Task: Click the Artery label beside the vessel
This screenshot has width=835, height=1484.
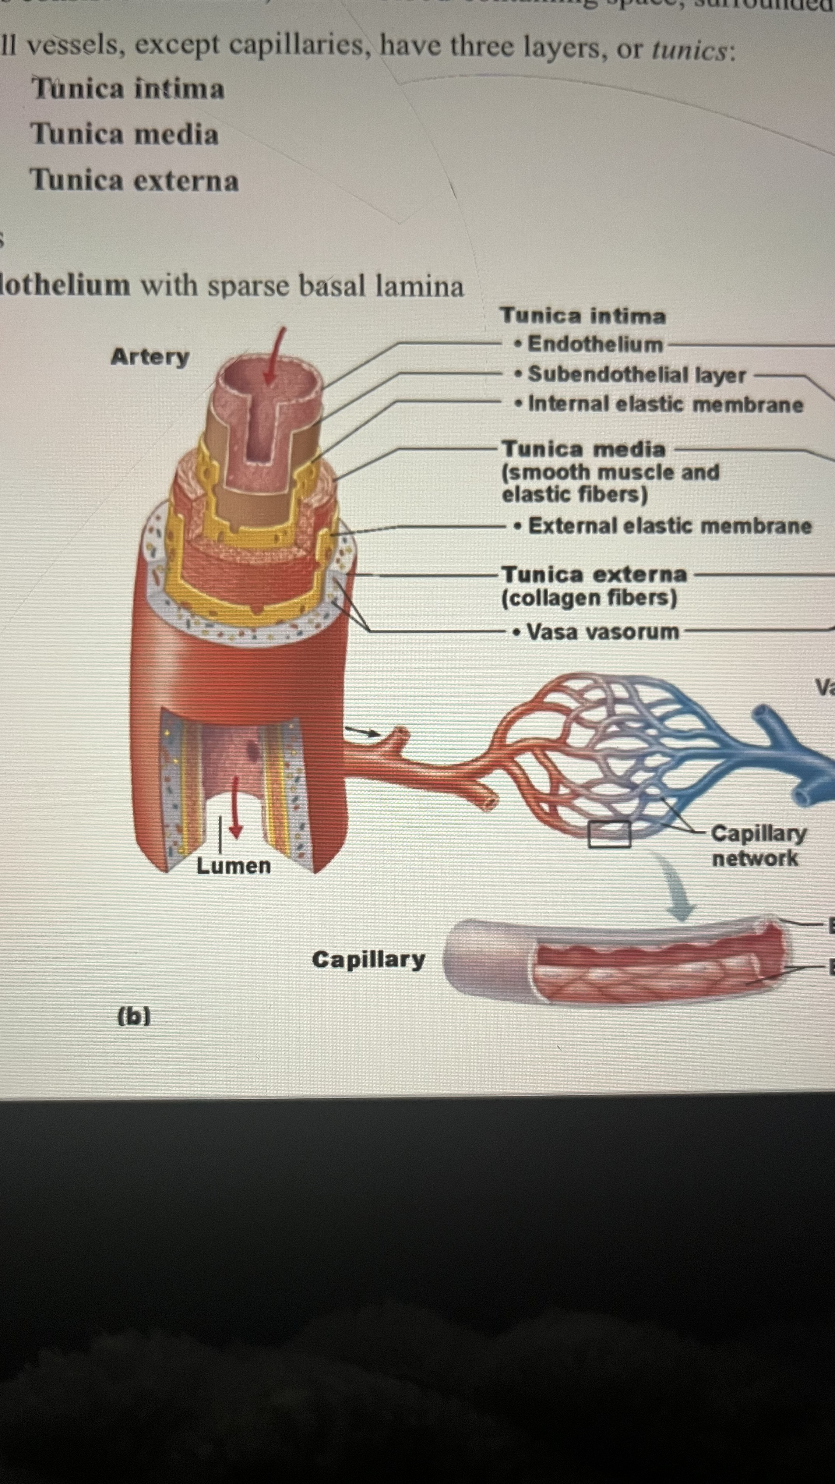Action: tap(150, 357)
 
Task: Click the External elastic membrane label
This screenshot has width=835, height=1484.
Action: tap(670, 526)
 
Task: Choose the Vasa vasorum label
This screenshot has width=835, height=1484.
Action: tap(603, 632)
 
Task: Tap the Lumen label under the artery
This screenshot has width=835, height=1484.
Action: tap(233, 866)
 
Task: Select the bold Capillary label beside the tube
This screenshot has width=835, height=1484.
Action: tap(369, 959)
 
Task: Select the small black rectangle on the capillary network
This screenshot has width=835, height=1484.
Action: tap(609, 834)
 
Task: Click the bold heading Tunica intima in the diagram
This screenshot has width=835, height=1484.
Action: tap(582, 316)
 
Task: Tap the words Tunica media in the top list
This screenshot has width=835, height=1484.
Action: tap(124, 134)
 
